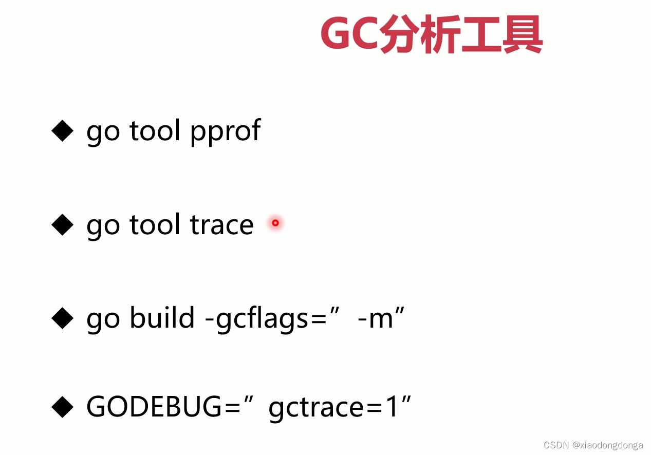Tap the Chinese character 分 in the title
[398, 34]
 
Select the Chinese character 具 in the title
[523, 34]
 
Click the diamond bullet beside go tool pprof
[63, 131]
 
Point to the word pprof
[226, 132]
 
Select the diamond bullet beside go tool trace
[63, 224]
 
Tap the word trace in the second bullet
[222, 224]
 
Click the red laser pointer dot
[275, 223]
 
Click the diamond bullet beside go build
[63, 318]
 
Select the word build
[162, 317]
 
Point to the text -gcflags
[256, 319]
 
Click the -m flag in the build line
[375, 319]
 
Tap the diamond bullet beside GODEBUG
[63, 407]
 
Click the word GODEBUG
[154, 407]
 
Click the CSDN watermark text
[556, 445]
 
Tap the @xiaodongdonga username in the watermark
[607, 445]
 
